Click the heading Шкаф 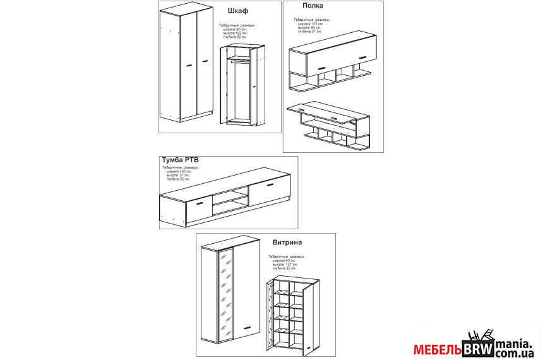click(x=237, y=11)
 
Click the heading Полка click(x=313, y=6)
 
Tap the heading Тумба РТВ click(x=181, y=160)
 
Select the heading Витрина click(x=287, y=242)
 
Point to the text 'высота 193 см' click(x=237, y=33)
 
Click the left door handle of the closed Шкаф click(x=189, y=65)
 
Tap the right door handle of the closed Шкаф click(x=205, y=61)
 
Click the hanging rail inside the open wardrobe click(x=240, y=61)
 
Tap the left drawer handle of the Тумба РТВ click(x=199, y=204)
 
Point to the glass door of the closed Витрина click(x=224, y=292)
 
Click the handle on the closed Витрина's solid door click(x=247, y=327)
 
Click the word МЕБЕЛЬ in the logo click(x=438, y=349)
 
